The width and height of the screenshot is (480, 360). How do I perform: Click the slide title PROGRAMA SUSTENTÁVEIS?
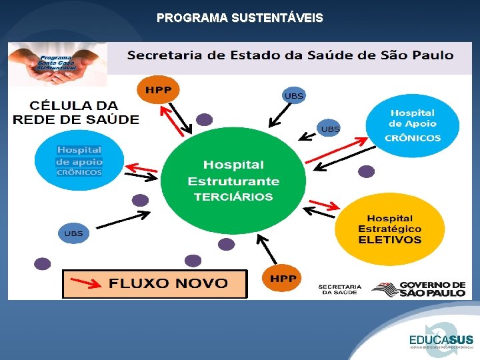click(239, 18)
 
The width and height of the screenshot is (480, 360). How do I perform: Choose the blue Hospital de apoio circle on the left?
click(79, 161)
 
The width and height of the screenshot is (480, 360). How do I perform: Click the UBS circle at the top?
click(293, 96)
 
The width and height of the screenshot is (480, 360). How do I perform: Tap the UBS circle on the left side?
click(73, 233)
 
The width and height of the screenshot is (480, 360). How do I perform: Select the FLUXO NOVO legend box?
click(155, 283)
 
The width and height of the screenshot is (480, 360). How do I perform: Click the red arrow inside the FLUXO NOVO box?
click(86, 283)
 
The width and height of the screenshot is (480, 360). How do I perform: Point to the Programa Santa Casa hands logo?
click(57, 64)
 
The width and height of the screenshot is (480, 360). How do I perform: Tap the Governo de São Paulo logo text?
click(432, 289)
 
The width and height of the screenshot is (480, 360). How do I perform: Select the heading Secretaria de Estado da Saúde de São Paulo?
click(290, 55)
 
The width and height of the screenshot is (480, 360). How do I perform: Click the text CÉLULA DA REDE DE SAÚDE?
click(76, 113)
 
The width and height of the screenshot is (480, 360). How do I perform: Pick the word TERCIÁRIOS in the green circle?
click(233, 197)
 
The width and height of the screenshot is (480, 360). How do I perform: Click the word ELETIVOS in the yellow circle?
click(390, 240)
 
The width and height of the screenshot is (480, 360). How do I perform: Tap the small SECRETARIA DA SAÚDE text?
click(340, 289)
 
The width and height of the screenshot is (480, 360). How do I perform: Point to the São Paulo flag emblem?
click(383, 289)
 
